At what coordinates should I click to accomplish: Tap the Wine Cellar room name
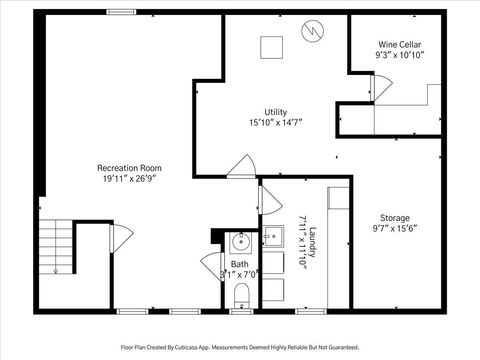(398, 45)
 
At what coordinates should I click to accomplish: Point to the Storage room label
(394, 217)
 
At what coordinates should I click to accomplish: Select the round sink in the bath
(240, 241)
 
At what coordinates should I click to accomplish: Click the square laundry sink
(273, 238)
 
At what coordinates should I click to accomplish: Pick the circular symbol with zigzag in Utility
(313, 31)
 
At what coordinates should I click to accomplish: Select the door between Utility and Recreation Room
(240, 166)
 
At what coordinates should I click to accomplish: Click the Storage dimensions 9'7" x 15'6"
(394, 229)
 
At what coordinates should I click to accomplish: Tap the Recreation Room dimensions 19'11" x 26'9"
(129, 178)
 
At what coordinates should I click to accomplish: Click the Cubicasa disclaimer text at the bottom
(239, 347)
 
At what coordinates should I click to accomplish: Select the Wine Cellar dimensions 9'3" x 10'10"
(398, 56)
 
